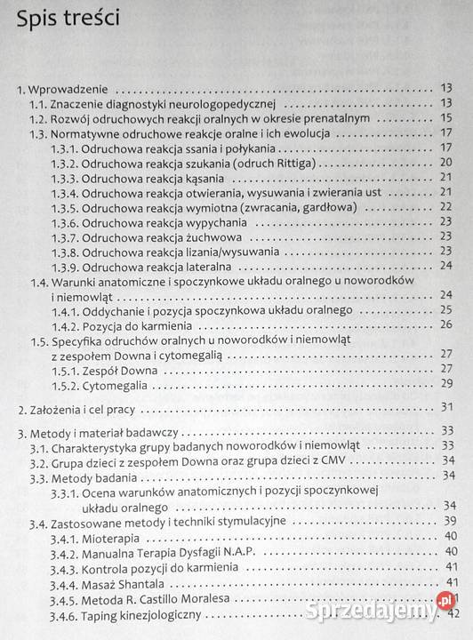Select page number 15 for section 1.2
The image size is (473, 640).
click(446, 118)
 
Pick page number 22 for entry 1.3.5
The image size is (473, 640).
click(446, 207)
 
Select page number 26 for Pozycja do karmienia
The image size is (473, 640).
click(446, 324)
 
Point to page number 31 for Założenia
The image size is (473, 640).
click(447, 408)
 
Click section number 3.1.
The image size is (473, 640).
click(37, 445)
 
